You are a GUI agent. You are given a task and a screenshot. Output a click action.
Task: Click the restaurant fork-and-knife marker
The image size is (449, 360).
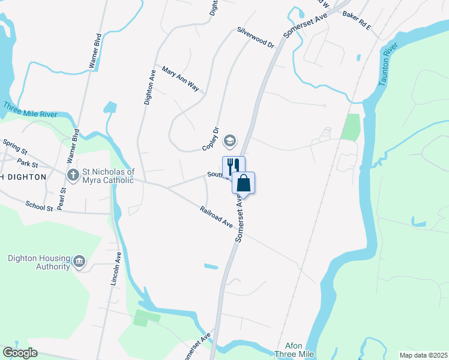234,166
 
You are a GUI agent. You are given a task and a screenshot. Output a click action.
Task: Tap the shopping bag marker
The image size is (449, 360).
244,182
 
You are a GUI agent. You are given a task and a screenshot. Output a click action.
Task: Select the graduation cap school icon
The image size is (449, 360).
229,141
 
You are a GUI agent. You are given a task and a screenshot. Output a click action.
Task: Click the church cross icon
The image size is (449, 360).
73,175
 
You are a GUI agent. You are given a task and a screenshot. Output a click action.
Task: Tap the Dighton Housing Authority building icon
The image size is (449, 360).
79,262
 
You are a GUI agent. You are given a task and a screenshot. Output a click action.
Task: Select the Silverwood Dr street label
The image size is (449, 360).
255,37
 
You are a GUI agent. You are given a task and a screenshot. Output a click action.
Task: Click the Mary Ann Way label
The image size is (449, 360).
180,78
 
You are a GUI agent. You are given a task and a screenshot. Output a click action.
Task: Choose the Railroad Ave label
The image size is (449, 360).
216,216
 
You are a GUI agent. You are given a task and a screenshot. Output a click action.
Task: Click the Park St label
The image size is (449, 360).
28,163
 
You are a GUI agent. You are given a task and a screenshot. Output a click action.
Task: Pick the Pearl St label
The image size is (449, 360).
63,199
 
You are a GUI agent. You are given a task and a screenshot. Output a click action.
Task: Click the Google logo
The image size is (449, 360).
20,353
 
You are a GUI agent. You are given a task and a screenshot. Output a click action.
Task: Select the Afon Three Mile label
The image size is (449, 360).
295,350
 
